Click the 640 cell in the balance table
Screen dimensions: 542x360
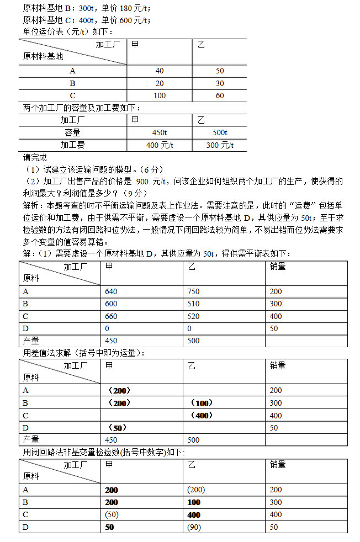[x=112, y=292]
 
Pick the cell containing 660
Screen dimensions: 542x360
[x=112, y=316]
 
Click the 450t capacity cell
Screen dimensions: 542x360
[x=160, y=132]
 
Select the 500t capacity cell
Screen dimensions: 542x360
[x=219, y=132]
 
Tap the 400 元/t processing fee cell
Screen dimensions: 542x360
[x=160, y=145]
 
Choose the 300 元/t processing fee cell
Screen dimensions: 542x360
[x=219, y=145]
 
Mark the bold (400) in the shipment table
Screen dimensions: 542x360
[x=202, y=416]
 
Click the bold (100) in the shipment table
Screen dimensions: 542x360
[x=202, y=403]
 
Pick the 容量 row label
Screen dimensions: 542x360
[x=72, y=132]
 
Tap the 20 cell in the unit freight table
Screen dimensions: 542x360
[x=160, y=83]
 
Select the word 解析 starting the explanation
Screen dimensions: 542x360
[x=31, y=205]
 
